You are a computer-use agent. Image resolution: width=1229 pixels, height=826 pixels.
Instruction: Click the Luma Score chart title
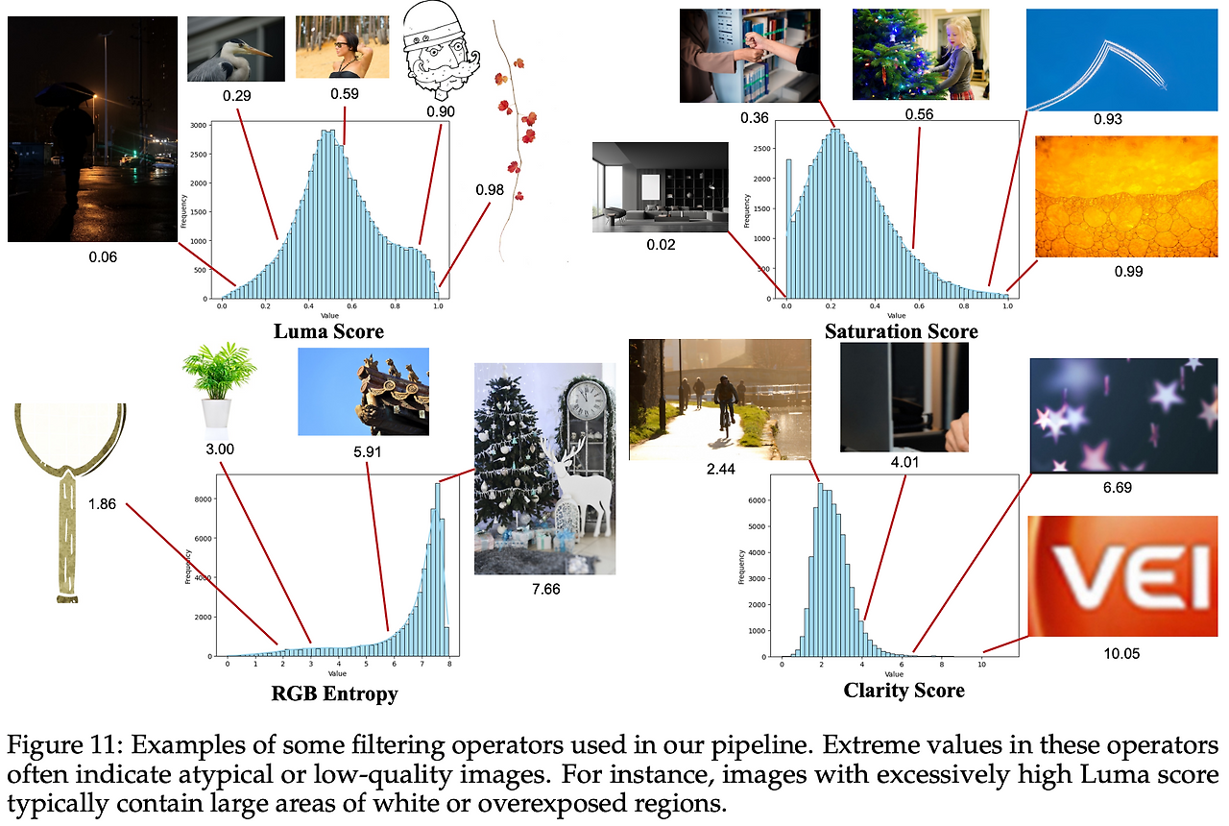pyautogui.click(x=328, y=331)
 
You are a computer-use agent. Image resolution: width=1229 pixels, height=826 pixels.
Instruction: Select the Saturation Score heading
pyautogui.click(x=901, y=331)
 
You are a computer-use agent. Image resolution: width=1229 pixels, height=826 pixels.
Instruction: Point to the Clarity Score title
pyautogui.click(x=904, y=690)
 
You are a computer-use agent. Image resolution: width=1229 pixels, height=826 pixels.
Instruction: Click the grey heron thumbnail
pyautogui.click(x=236, y=49)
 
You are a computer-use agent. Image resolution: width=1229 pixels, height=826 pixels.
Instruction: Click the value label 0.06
pyautogui.click(x=103, y=257)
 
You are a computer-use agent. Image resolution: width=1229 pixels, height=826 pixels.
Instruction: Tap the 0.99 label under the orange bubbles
pyautogui.click(x=1128, y=271)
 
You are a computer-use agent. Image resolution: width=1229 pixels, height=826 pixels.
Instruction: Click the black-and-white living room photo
pyautogui.click(x=661, y=187)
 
